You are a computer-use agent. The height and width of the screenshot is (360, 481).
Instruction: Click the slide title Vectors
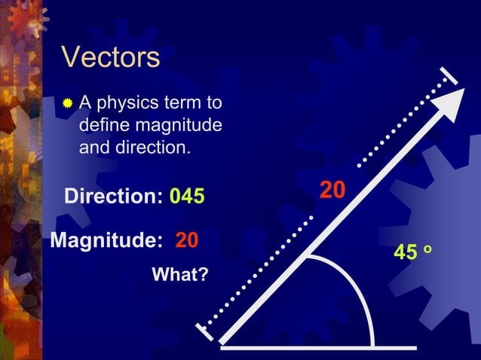pyautogui.click(x=110, y=57)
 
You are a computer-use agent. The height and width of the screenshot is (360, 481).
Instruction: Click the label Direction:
pyautogui.click(x=114, y=197)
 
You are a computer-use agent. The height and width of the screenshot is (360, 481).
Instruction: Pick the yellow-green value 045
pyautogui.click(x=187, y=197)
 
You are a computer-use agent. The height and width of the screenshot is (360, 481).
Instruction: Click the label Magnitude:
pyautogui.click(x=106, y=241)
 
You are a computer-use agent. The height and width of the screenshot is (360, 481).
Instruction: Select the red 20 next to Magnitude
pyautogui.click(x=187, y=241)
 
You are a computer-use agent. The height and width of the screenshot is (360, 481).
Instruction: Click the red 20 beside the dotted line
pyautogui.click(x=332, y=191)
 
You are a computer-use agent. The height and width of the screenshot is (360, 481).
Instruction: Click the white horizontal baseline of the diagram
pyautogui.click(x=317, y=347)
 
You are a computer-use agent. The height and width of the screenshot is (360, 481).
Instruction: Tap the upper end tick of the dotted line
pyautogui.click(x=450, y=75)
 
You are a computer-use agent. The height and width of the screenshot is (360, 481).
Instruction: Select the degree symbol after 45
pyautogui.click(x=427, y=249)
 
